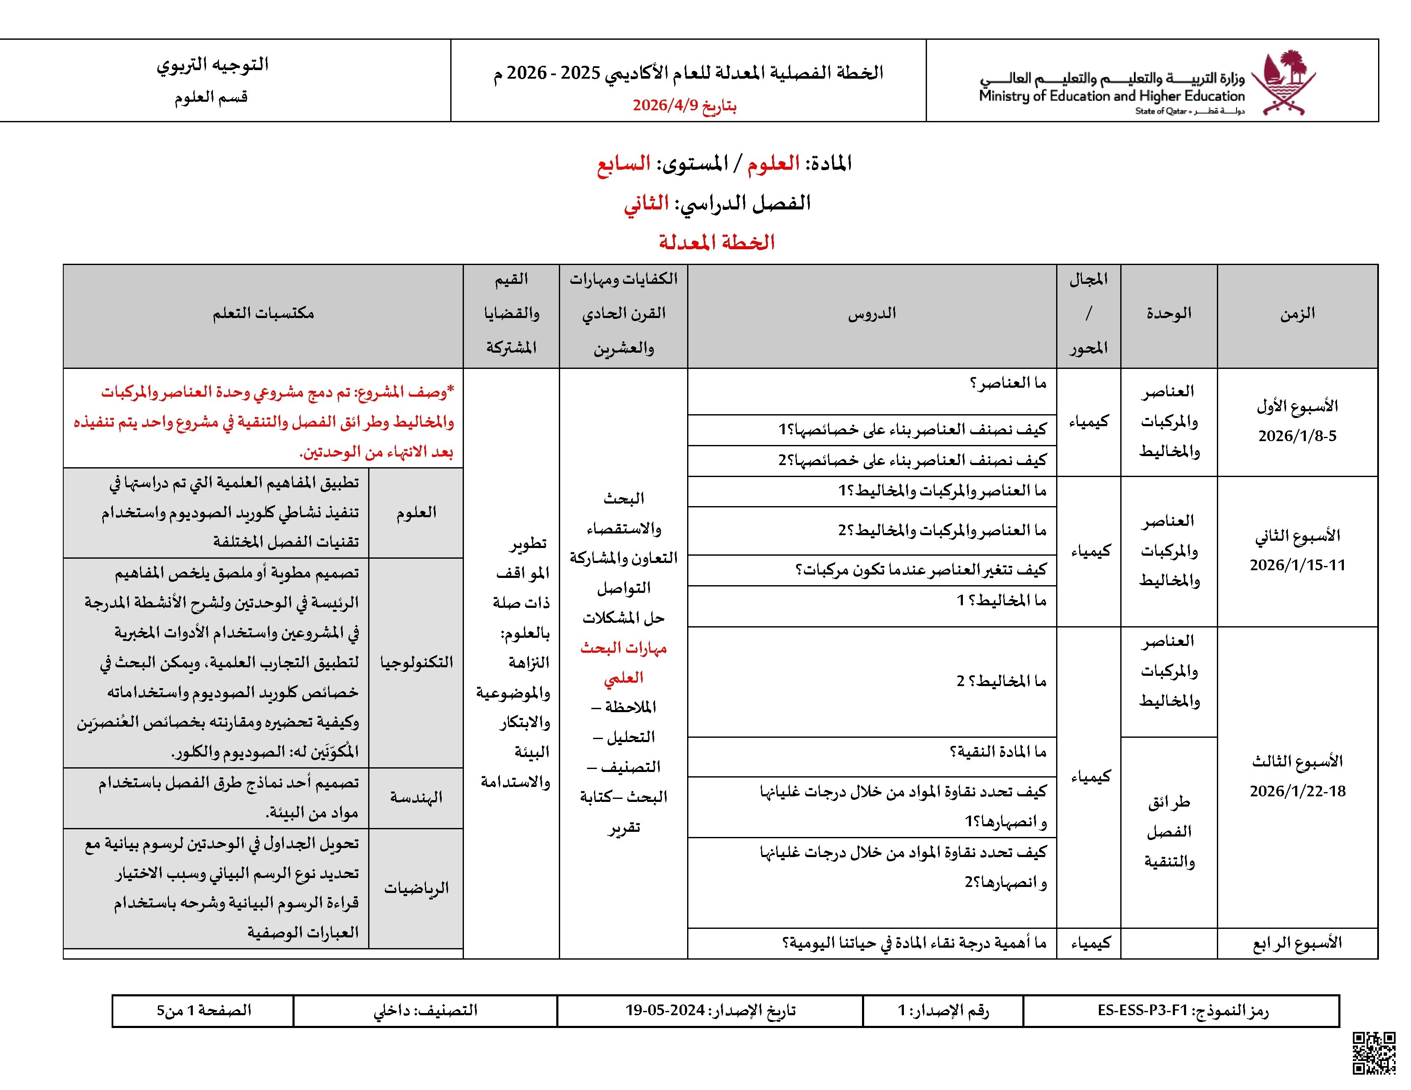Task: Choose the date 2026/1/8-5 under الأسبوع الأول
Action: pyautogui.click(x=1297, y=436)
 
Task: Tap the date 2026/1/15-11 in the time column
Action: pyautogui.click(x=1297, y=566)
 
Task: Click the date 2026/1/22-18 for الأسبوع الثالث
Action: pyautogui.click(x=1297, y=792)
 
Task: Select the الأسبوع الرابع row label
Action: pyautogui.click(x=1297, y=943)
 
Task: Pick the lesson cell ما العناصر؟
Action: pyautogui.click(x=1007, y=383)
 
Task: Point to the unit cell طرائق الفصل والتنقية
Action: pyautogui.click(x=1169, y=832)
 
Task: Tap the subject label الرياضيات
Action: pyautogui.click(x=416, y=889)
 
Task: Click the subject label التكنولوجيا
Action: pyautogui.click(x=416, y=663)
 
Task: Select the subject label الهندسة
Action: pyautogui.click(x=416, y=798)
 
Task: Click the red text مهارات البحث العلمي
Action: pyautogui.click(x=623, y=663)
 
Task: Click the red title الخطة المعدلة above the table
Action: pyautogui.click(x=717, y=243)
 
